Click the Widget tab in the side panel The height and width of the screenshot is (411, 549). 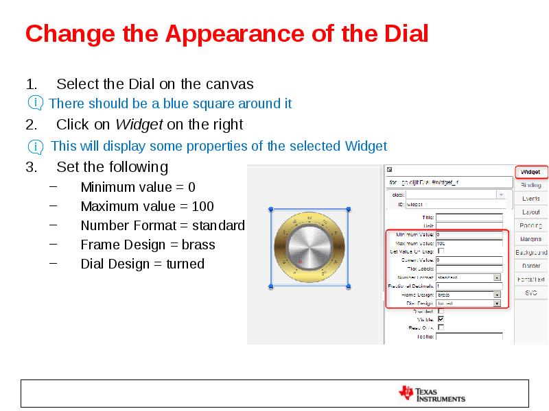pos(530,172)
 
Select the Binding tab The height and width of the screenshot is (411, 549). pos(530,185)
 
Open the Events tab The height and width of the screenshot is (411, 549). pos(530,199)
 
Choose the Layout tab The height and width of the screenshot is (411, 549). pos(530,212)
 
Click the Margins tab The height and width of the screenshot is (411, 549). pos(530,239)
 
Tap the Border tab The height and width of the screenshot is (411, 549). pos(530,266)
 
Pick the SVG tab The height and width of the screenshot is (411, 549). pos(530,292)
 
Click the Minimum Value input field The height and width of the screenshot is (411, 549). pos(469,235)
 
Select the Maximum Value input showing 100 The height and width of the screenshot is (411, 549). pos(469,243)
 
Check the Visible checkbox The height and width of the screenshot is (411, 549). pos(441,319)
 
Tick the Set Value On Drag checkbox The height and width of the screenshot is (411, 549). pos(441,251)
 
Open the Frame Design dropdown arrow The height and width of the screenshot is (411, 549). pos(496,295)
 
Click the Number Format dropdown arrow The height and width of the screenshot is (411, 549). pos(496,277)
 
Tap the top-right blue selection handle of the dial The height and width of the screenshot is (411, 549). pos(349,209)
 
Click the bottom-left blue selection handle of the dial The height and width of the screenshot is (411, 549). pos(271,286)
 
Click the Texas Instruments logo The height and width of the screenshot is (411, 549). pos(432,394)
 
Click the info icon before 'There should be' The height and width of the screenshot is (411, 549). pos(34,103)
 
